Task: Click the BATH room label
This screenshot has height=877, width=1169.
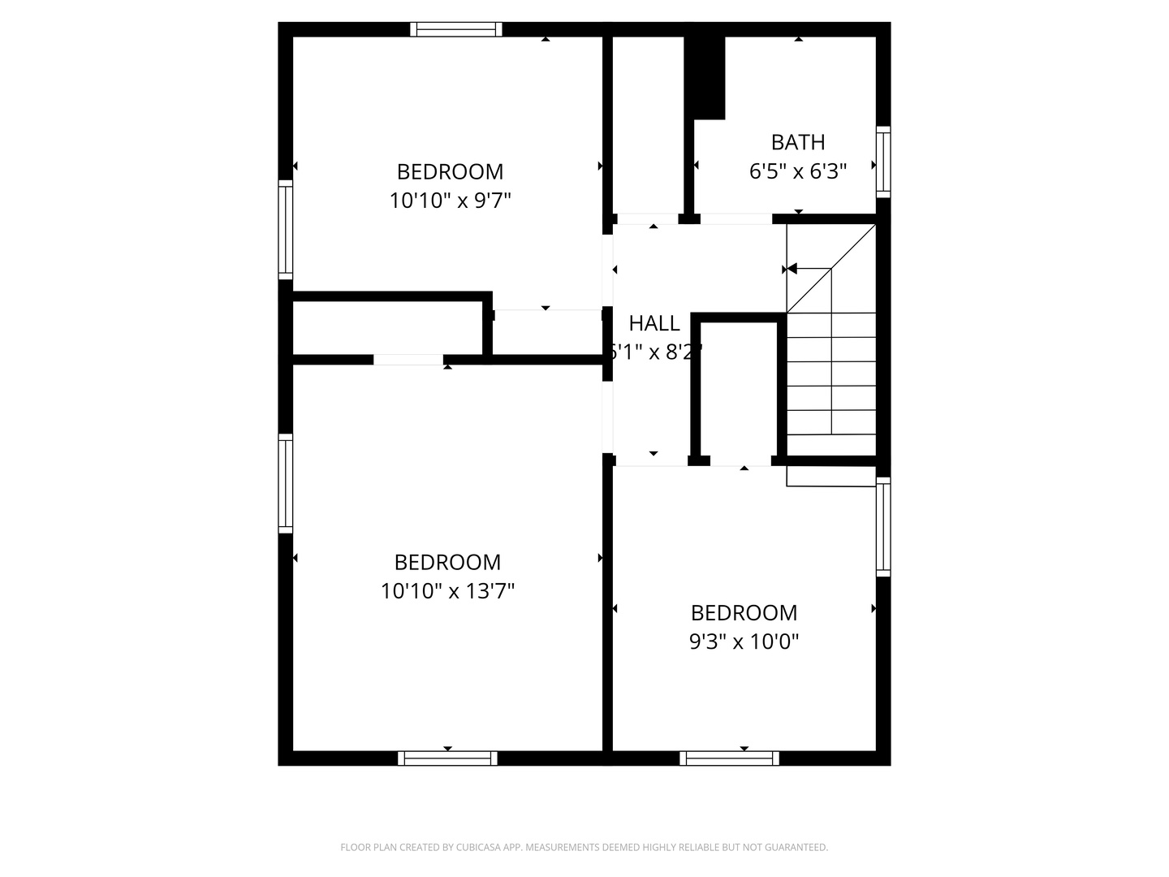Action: click(x=798, y=142)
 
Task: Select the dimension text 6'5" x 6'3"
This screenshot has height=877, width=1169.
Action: click(x=798, y=171)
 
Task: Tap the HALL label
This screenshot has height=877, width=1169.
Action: click(x=654, y=323)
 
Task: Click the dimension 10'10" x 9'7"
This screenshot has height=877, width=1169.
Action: click(x=450, y=200)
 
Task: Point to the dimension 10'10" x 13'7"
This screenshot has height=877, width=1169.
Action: click(x=447, y=590)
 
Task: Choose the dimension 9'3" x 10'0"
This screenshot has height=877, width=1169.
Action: click(x=744, y=642)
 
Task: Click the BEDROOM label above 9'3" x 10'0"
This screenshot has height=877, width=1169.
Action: click(x=744, y=612)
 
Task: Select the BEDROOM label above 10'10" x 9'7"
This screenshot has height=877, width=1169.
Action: click(x=450, y=171)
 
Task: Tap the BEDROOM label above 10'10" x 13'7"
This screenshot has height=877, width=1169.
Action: click(x=447, y=562)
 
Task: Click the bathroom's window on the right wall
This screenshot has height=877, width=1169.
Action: click(x=883, y=162)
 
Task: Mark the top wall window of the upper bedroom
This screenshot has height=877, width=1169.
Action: click(x=455, y=29)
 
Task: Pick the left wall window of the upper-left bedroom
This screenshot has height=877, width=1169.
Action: click(x=286, y=230)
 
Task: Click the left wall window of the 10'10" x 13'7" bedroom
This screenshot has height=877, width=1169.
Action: click(x=286, y=483)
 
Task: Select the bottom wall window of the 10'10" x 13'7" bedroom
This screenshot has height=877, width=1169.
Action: click(x=447, y=758)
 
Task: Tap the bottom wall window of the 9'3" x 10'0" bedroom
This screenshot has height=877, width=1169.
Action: click(x=729, y=758)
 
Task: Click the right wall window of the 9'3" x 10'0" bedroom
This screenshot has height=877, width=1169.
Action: click(x=883, y=527)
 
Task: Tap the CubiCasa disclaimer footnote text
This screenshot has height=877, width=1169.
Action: click(x=584, y=847)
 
